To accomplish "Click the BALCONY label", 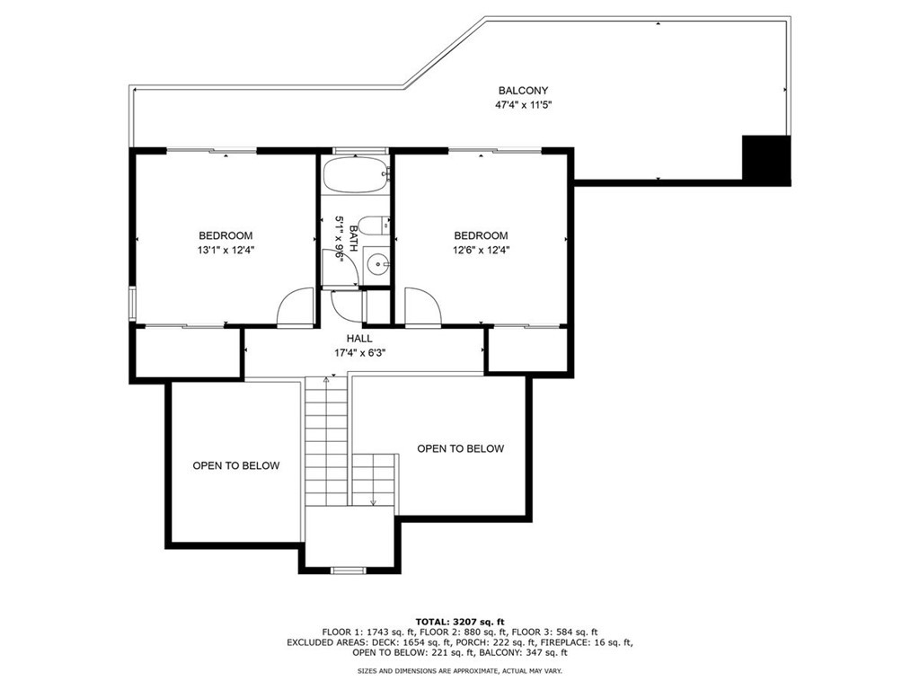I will click(x=523, y=91).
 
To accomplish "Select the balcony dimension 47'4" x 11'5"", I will click(x=523, y=105).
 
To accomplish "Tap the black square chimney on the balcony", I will click(x=765, y=160).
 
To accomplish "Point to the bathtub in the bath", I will click(x=356, y=175).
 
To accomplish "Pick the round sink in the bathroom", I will click(x=378, y=265).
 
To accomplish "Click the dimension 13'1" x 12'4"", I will click(x=226, y=251).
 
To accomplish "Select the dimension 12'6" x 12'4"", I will click(x=481, y=251).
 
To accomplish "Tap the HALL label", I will click(x=363, y=339).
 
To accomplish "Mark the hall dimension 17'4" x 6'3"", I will click(x=363, y=352).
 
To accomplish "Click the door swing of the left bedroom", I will click(x=295, y=307).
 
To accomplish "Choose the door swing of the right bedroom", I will click(x=422, y=307).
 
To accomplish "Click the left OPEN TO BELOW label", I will click(x=235, y=465).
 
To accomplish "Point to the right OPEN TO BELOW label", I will click(x=460, y=448).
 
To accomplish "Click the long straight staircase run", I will click(x=327, y=440).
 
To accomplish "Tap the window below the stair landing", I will click(x=349, y=570).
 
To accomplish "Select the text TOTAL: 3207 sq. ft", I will click(x=460, y=622).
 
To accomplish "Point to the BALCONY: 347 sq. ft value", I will click(x=528, y=653).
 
